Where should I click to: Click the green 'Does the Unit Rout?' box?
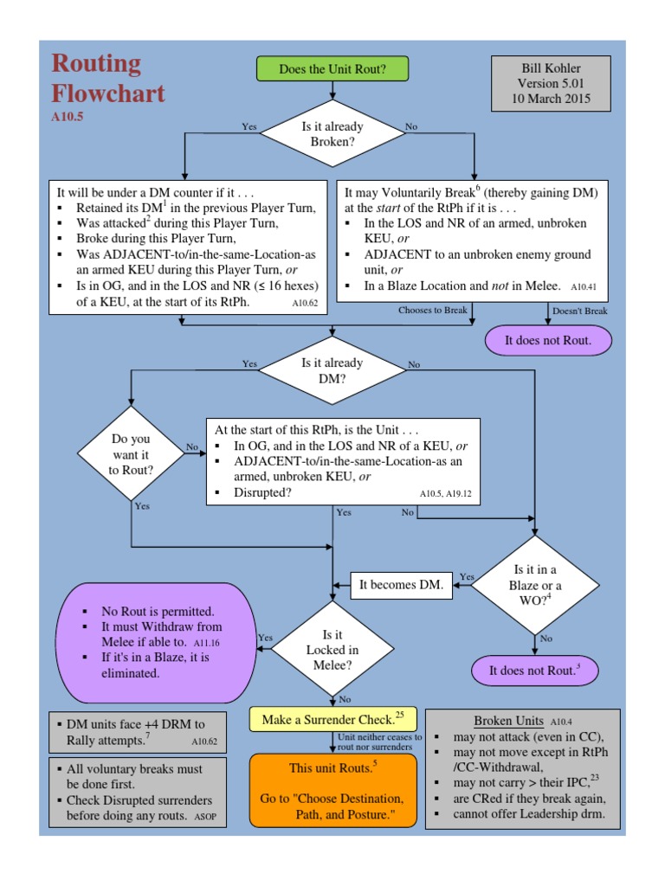[332, 68]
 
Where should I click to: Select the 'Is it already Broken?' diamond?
[332, 133]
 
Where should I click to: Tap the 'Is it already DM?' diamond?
[332, 370]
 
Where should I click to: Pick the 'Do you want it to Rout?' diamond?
[132, 453]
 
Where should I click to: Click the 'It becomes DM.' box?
[401, 585]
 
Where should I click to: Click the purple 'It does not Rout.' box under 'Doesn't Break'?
[548, 340]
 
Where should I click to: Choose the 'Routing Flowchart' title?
[108, 78]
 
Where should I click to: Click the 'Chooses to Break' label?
[432, 310]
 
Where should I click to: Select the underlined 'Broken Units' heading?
[508, 721]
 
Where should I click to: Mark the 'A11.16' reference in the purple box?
[205, 643]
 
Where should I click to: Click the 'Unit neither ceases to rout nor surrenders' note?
[380, 742]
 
